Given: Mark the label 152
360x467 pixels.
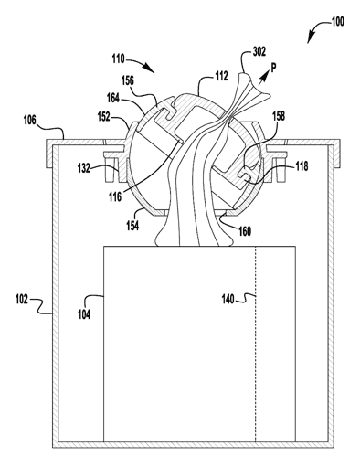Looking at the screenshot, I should [x=105, y=117].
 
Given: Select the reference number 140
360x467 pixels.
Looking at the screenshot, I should [x=226, y=297].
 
